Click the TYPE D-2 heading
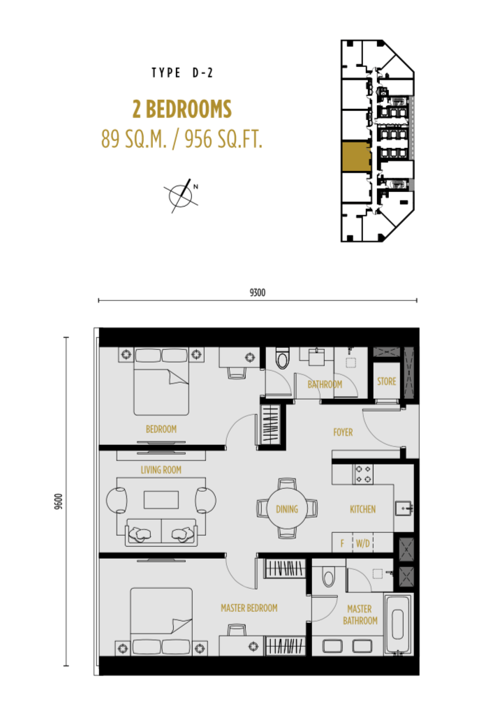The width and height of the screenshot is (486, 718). coord(182,73)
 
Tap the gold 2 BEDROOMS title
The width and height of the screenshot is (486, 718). coord(182,110)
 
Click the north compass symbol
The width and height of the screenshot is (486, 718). coord(182,196)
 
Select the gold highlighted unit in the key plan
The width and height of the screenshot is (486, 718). coord(356,157)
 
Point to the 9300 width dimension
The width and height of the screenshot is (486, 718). coord(257,293)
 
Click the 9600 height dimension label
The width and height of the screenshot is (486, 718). coord(58,501)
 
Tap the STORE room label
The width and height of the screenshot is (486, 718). coord(387,381)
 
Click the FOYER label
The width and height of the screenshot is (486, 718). coord(343,432)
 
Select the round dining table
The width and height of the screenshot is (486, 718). coord(287,508)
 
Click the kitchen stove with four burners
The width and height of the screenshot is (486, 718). coord(363,474)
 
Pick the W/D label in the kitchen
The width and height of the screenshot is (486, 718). coord(363,543)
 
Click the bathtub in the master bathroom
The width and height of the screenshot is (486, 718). coord(398,624)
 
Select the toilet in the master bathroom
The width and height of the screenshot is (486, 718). coord(329,576)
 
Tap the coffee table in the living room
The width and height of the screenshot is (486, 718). coord(161,499)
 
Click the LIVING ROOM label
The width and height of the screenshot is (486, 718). coord(161,470)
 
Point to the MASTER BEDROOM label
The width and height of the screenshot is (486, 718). coord(249,608)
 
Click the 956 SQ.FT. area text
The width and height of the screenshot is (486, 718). coord(223,139)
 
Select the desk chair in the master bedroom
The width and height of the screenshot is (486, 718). coord(237,631)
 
